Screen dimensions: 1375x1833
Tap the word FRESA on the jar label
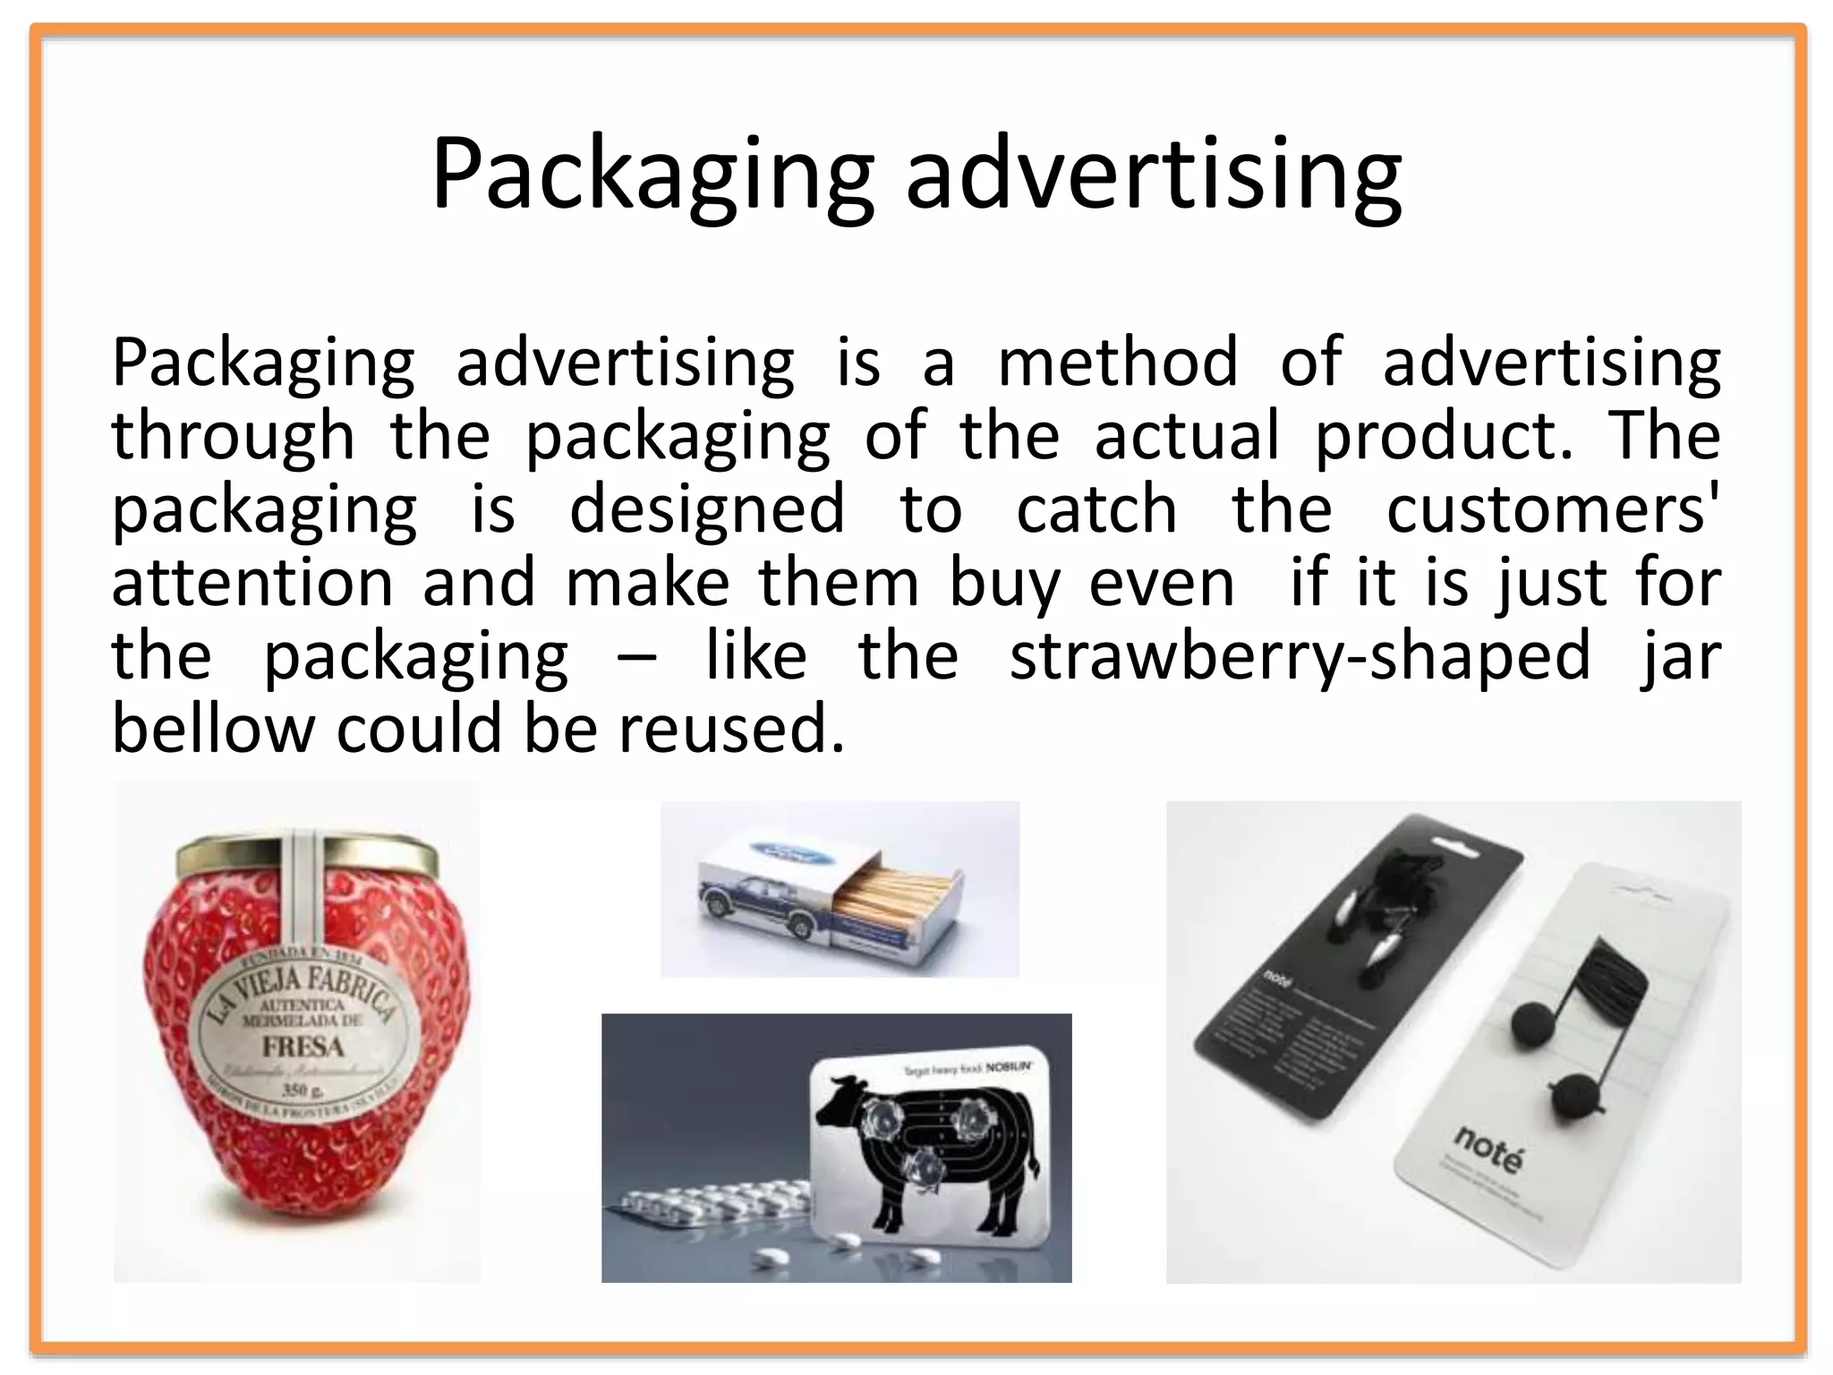coord(303,1046)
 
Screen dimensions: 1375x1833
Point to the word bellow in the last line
coord(213,729)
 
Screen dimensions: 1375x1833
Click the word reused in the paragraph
coord(729,729)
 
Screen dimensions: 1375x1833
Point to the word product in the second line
coord(1441,436)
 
